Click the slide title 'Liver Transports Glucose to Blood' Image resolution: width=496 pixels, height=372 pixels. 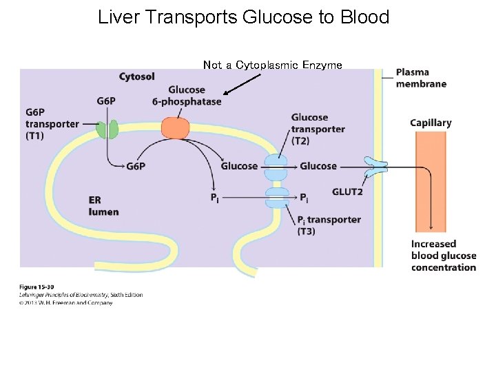(x=243, y=17)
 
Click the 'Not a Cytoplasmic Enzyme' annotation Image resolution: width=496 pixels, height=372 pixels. (x=272, y=65)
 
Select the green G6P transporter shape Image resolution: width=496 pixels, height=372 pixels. (x=107, y=129)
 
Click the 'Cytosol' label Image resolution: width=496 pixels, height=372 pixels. (x=136, y=76)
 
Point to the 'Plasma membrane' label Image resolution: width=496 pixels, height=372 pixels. (x=421, y=78)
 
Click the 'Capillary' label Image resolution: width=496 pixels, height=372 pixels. (x=431, y=123)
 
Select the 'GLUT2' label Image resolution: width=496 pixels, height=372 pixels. (x=347, y=192)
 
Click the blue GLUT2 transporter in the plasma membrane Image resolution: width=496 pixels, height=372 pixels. (x=376, y=166)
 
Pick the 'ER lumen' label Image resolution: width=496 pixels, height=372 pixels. (x=103, y=206)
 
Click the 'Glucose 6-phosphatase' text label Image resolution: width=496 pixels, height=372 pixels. (x=187, y=96)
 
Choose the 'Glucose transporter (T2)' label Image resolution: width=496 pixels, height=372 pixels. (x=318, y=129)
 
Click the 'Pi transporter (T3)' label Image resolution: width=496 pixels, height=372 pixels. (x=329, y=225)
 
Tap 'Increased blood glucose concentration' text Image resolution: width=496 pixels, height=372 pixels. (x=443, y=255)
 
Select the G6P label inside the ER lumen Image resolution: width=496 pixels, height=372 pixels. (x=136, y=166)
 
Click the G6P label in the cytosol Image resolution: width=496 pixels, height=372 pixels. (x=106, y=101)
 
